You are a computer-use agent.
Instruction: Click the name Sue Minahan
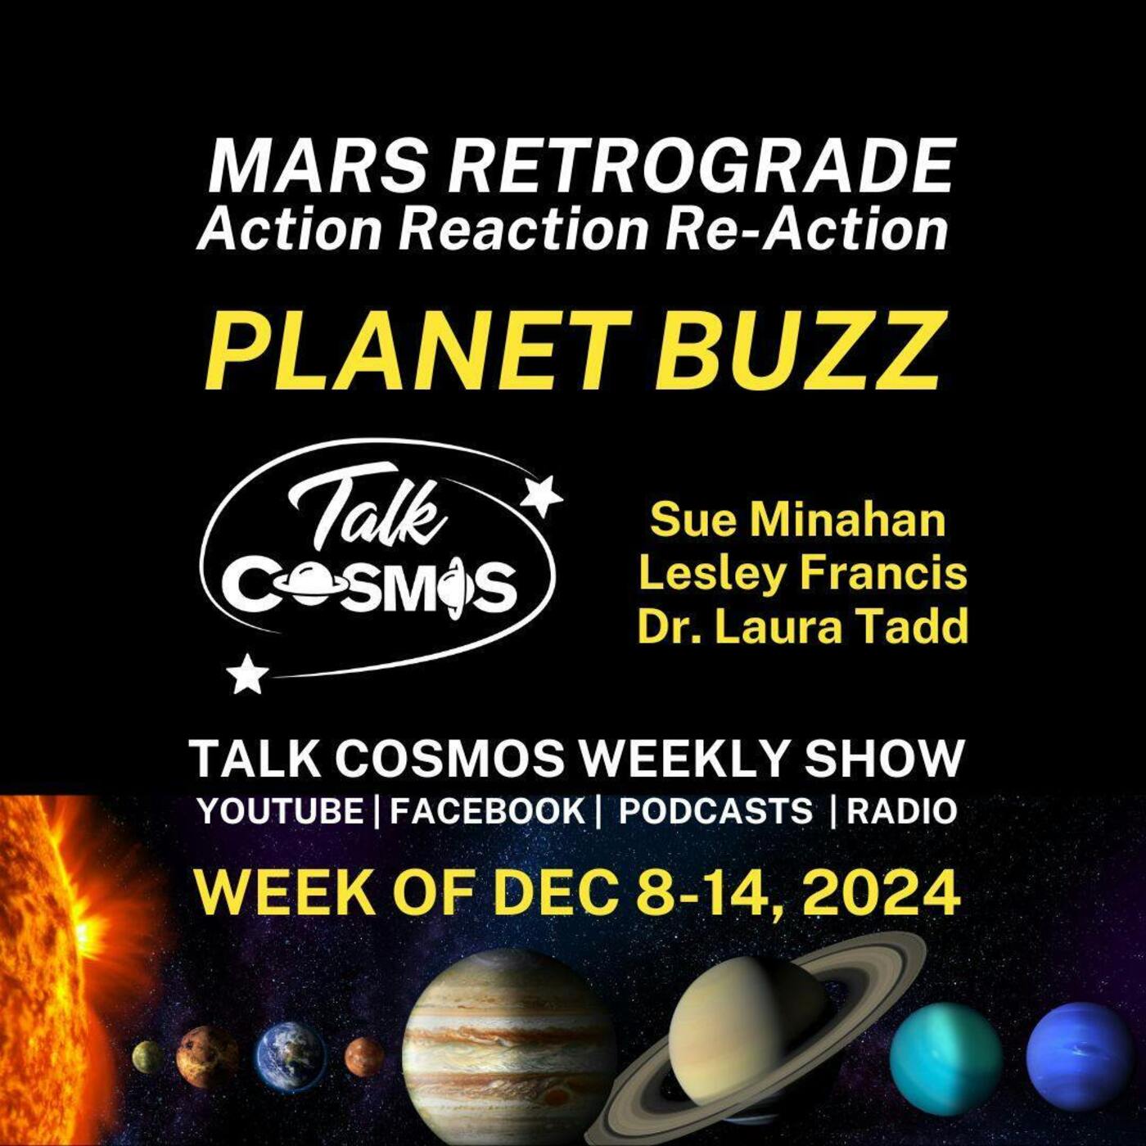[797, 519]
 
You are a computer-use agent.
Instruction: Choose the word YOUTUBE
[281, 810]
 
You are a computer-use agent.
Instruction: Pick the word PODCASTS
[715, 810]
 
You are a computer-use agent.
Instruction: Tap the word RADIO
[901, 810]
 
